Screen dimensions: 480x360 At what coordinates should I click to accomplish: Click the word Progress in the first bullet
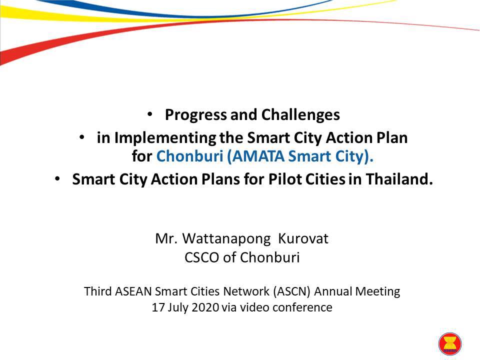pos(196,115)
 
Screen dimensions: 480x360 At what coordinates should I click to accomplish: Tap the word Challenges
pos(300,115)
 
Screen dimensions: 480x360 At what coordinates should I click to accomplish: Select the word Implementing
pos(165,138)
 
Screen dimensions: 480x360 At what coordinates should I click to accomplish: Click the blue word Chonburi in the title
pos(190,156)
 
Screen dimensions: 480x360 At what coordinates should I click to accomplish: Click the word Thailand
pos(399,179)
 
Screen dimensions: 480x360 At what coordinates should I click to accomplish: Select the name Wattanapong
pos(226,239)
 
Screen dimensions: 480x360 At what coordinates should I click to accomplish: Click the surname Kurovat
pos(303,239)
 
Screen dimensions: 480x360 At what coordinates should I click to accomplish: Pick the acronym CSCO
pos(202,257)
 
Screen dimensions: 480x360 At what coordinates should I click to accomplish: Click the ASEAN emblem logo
pos(449,344)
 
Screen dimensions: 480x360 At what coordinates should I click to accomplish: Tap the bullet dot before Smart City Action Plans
pos(57,178)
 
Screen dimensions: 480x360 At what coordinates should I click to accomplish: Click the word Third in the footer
pos(97,291)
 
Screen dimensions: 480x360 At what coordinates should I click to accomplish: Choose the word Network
pos(246,291)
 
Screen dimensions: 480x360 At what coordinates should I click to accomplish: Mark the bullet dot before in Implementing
pos(81,137)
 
